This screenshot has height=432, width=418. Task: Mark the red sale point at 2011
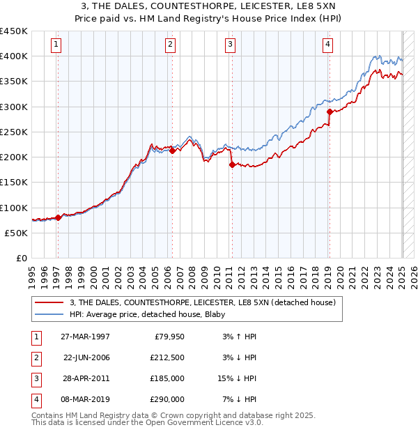click(x=232, y=164)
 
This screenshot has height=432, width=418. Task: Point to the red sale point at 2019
click(x=330, y=111)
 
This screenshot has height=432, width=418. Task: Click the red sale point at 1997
click(x=59, y=217)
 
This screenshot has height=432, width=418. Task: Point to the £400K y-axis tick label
click(x=14, y=56)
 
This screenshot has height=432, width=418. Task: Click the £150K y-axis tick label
click(x=14, y=183)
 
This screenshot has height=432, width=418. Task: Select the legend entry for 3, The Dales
click(x=202, y=302)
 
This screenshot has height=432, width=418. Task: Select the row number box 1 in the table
click(x=34, y=336)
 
